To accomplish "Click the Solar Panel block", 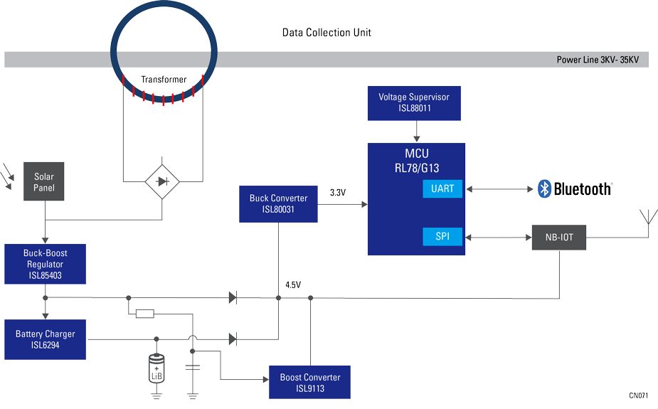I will tap(44, 182).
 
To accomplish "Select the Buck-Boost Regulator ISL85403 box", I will tap(46, 264).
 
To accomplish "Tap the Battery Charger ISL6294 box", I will tap(46, 339).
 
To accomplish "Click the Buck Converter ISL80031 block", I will tap(278, 203).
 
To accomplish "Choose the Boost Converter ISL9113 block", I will tap(309, 383).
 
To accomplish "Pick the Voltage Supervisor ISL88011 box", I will tap(414, 102).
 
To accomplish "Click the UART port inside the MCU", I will tap(442, 189).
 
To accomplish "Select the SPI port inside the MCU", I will tap(442, 236).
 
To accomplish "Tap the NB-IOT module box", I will tap(559, 237).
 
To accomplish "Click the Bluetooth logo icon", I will tap(545, 188).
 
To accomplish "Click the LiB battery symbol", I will tap(156, 368).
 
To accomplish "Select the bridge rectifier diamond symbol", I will tap(162, 182).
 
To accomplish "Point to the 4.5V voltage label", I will tap(293, 285).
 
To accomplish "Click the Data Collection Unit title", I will tap(327, 33).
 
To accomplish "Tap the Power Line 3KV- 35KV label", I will tap(597, 60).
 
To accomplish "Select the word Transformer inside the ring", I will tap(164, 80).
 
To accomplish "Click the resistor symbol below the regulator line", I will tap(144, 314).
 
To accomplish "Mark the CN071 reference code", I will tap(638, 395).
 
